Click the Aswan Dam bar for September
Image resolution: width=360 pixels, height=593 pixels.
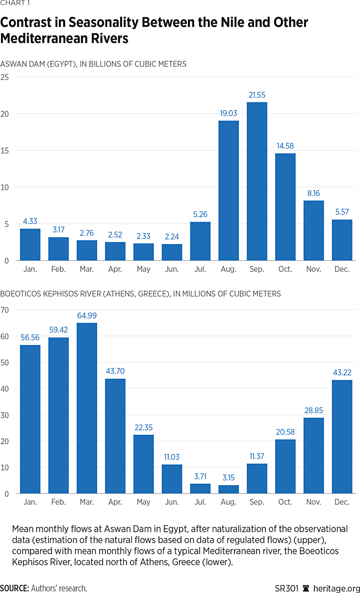pos(257,181)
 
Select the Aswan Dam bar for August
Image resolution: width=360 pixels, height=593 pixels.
pos(229,191)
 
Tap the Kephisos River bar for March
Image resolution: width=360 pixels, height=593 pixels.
pos(87,408)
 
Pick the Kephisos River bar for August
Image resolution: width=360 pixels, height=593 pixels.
pos(229,489)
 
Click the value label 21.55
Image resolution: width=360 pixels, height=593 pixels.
pos(257,95)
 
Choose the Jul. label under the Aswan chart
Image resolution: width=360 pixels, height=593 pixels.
pos(200,269)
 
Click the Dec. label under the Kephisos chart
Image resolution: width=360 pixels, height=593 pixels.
pos(342,502)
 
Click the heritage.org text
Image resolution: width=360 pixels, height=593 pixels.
pos(336,588)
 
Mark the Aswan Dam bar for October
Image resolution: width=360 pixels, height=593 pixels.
pos(285,207)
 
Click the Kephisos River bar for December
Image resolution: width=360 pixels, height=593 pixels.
pos(342,437)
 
